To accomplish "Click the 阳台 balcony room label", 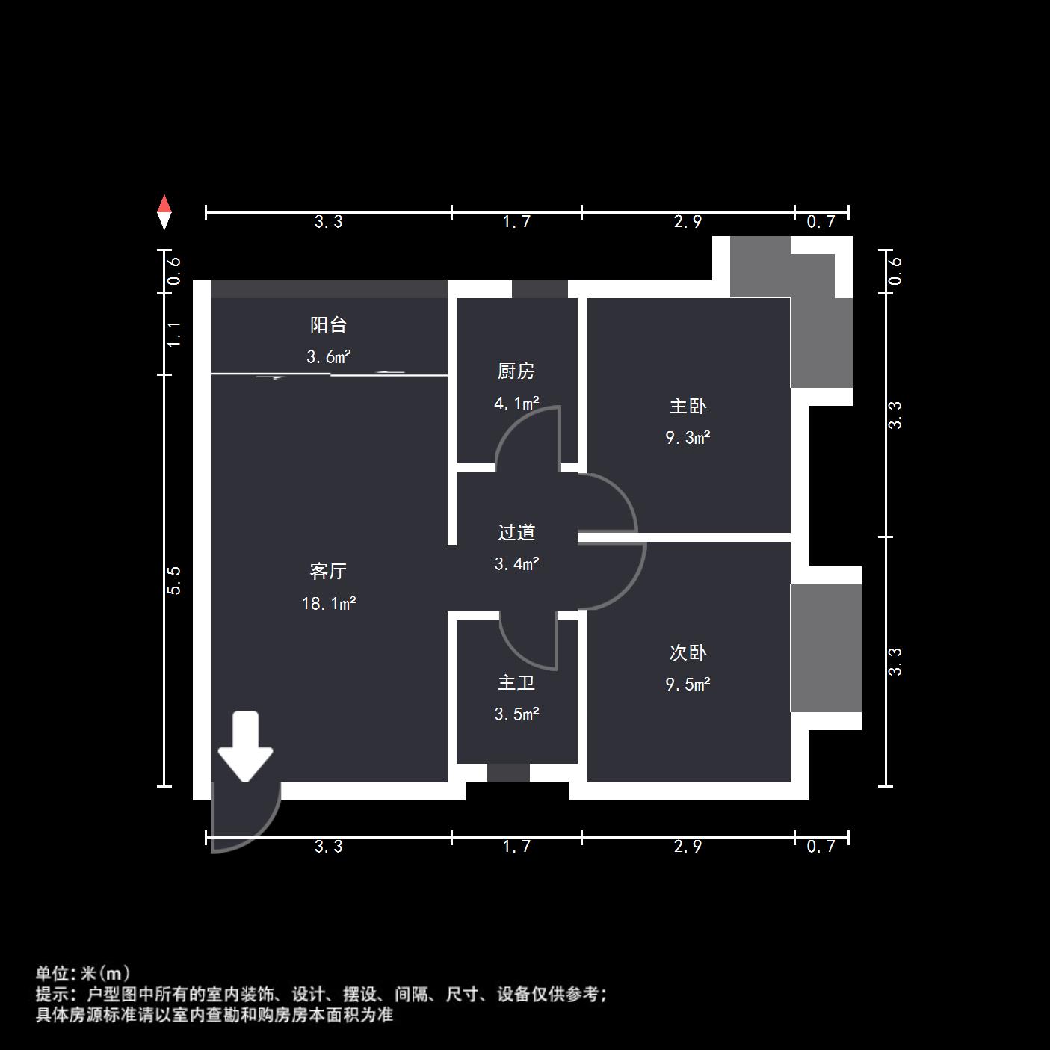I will click(x=328, y=325).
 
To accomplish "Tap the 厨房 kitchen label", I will click(x=516, y=371).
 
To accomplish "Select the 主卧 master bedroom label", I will click(x=688, y=407).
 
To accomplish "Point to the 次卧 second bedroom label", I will click(x=688, y=653).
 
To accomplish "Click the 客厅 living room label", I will click(x=328, y=572).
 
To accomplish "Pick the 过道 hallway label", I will click(x=516, y=533).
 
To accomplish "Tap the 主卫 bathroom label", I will click(x=516, y=683).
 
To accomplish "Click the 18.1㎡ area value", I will click(x=329, y=603).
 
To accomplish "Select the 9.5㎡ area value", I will click(x=688, y=685).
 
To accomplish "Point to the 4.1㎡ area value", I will click(x=516, y=404).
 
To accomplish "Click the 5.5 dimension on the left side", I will click(x=174, y=580).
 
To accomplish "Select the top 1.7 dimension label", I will click(x=516, y=222).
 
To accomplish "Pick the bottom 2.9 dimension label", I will click(x=688, y=847).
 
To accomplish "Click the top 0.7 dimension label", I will click(x=821, y=222).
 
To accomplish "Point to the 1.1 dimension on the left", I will click(x=174, y=333).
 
